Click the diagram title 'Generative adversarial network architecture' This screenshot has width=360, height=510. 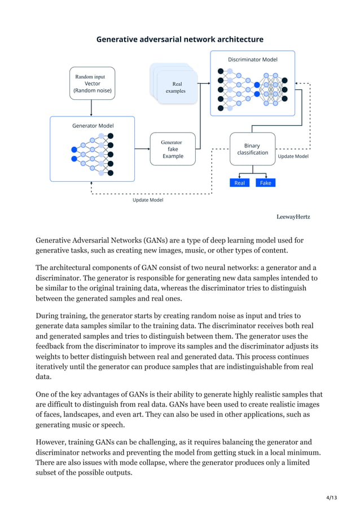(179, 40)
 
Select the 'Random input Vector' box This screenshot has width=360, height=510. (92, 83)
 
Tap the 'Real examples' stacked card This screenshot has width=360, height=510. (176, 87)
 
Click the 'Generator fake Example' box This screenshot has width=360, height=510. (172, 149)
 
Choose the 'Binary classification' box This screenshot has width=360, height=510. (252, 149)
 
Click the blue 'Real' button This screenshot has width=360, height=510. (239, 183)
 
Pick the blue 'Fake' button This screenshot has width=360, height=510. (265, 183)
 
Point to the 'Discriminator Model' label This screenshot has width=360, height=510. (252, 59)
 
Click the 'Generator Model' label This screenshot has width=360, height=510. (93, 125)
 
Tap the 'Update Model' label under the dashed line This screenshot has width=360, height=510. (148, 200)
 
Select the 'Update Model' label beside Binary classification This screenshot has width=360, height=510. (293, 156)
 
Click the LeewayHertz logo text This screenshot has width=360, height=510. (293, 217)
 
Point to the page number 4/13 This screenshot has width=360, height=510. (331, 497)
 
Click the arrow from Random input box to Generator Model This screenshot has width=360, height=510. (91, 108)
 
